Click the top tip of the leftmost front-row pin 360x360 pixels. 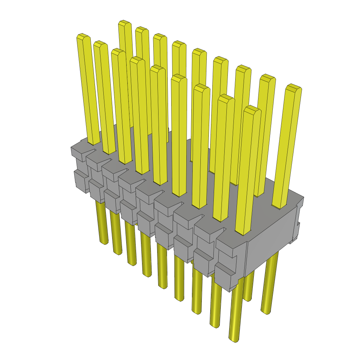click(x=82, y=36)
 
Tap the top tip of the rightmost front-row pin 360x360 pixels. click(x=252, y=108)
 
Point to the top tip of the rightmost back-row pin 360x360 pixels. click(x=293, y=87)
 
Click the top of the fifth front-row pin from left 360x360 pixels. click(x=157, y=68)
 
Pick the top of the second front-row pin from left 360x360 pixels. click(x=100, y=43)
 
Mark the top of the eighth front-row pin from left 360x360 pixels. click(x=225, y=97)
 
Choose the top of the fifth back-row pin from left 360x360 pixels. click(x=199, y=51)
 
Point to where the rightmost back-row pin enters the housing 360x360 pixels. click(x=279, y=207)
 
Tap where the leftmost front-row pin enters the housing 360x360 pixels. click(x=94, y=143)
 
